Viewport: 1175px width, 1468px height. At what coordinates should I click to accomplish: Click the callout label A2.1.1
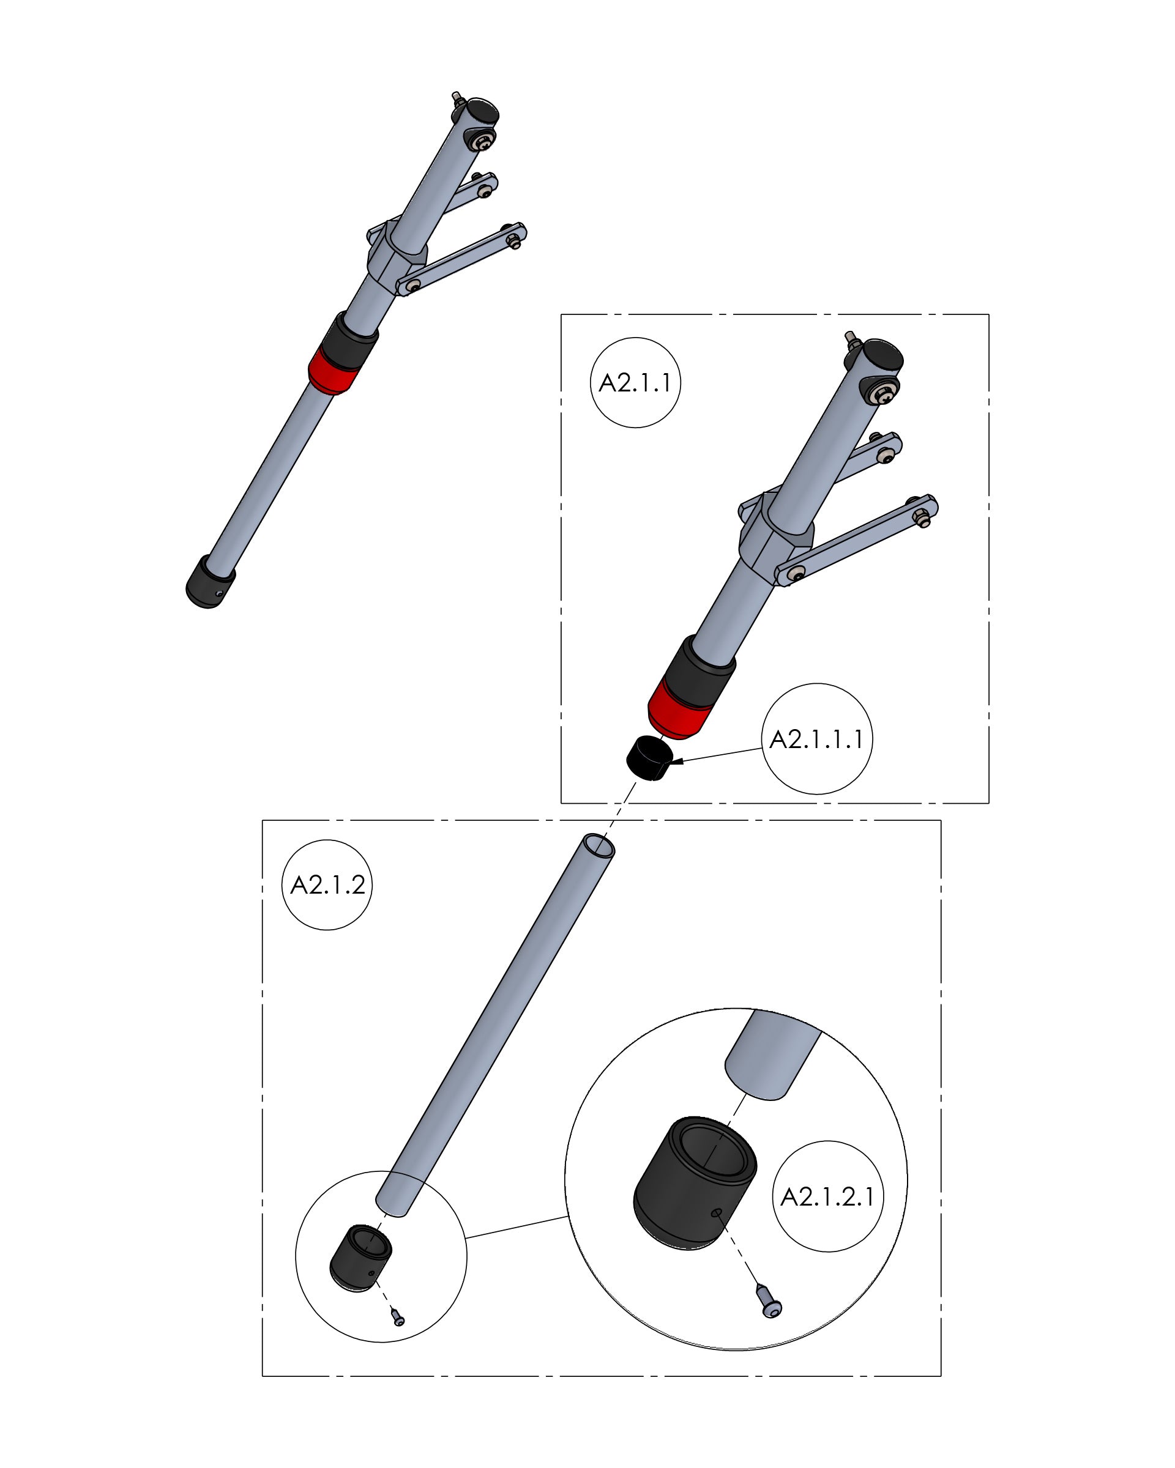coord(635,383)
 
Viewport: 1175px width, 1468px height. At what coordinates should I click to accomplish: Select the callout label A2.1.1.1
coord(816,739)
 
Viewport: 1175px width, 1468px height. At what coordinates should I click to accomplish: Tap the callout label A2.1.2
coord(327,884)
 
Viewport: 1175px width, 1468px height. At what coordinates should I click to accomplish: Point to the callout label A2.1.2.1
coord(827,1196)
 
